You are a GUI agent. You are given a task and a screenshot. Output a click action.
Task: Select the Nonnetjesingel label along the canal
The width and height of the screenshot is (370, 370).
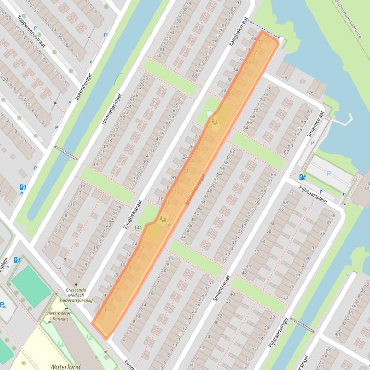pos(112,109)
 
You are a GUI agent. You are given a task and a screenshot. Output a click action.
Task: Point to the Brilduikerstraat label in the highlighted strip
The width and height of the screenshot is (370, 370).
pos(194,191)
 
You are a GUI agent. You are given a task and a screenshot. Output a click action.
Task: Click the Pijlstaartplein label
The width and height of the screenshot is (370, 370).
pos(313,192)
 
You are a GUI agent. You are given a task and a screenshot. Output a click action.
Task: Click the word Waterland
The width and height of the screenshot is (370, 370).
pos(65,367)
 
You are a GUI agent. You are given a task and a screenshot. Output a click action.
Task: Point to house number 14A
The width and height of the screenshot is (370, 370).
pos(139,228)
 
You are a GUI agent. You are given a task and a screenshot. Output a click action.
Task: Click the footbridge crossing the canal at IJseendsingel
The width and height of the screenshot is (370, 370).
pos(66,152)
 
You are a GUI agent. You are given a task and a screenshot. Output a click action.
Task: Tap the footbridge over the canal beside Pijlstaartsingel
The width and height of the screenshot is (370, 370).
pos(301,325)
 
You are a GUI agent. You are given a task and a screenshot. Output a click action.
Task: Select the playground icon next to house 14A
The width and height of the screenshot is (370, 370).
pos(163,219)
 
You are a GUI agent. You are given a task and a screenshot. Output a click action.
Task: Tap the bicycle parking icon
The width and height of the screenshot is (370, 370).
pos(3,305)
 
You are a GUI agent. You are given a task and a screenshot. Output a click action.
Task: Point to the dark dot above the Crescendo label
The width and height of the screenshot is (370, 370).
pos(76,284)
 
